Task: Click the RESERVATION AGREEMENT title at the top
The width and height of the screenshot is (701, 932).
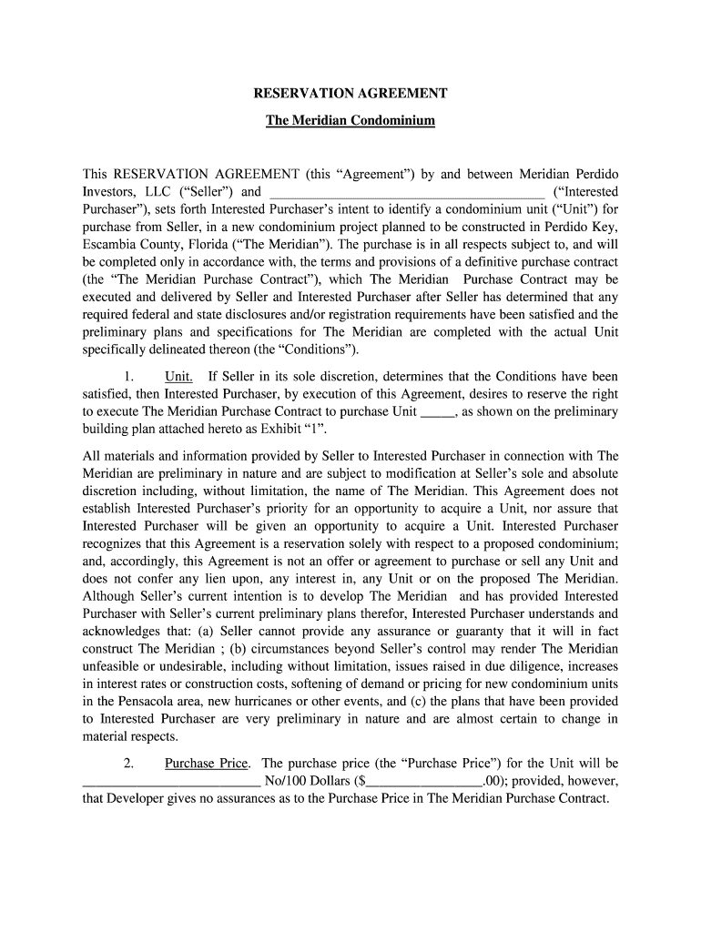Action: point(350,94)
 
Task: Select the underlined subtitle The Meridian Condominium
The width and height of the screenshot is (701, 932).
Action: point(350,120)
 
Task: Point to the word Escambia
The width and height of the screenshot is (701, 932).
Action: point(110,245)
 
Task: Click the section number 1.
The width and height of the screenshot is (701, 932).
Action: point(130,376)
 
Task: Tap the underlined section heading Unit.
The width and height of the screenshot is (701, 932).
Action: point(178,376)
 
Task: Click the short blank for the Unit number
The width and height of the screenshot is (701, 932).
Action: point(438,411)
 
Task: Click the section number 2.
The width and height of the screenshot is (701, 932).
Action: point(130,763)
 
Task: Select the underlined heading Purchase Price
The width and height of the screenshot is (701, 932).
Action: point(209,763)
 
